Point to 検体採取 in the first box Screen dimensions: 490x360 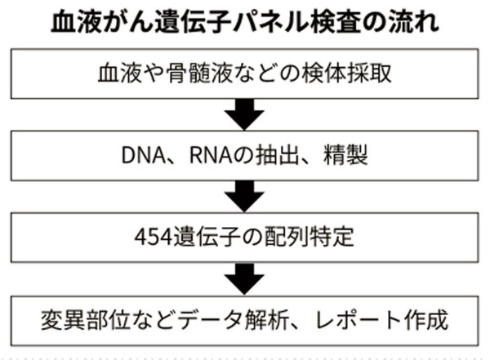click(x=346, y=73)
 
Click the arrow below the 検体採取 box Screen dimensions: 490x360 click(x=244, y=114)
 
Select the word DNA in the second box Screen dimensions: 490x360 click(x=143, y=155)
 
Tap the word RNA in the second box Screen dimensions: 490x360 click(x=211, y=155)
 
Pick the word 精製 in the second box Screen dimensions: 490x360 click(x=345, y=155)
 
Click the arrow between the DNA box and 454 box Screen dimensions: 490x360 click(x=244, y=196)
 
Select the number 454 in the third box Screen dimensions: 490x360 click(x=154, y=238)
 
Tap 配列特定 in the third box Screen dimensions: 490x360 click(x=310, y=237)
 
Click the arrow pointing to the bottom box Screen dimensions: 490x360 click(x=244, y=278)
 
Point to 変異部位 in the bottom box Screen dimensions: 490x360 click(x=86, y=320)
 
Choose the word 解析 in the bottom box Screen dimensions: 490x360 click(x=267, y=320)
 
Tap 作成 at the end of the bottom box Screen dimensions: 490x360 click(x=426, y=320)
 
